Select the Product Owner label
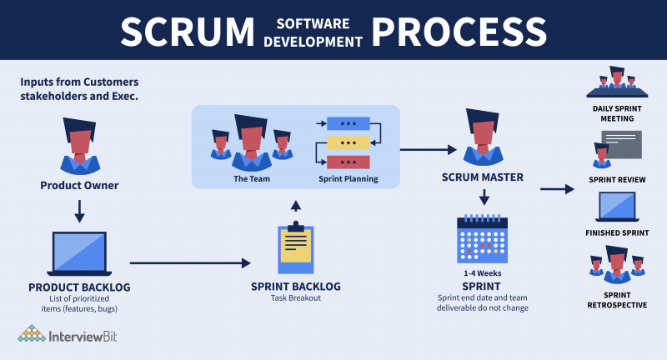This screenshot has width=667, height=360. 79,185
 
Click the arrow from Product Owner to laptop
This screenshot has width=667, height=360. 79,210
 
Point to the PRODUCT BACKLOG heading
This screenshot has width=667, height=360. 79,287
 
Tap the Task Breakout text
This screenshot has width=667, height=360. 295,299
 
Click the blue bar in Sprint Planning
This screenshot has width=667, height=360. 348,124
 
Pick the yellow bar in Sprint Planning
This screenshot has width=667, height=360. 348,142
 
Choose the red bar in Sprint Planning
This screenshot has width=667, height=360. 348,162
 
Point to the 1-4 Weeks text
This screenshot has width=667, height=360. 482,272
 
